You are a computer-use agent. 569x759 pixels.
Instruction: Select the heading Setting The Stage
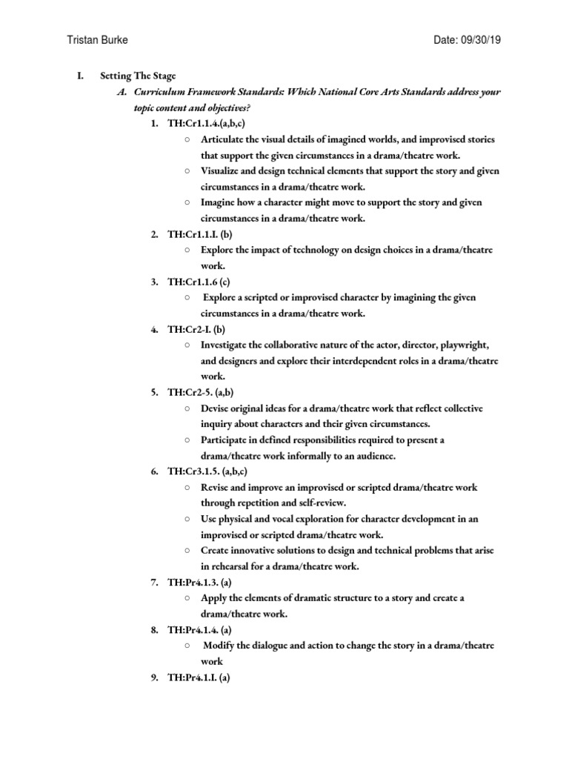click(137, 76)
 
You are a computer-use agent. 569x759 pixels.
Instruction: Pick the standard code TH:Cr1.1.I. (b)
click(196, 234)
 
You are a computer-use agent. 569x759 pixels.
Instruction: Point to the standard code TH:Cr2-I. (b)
click(196, 329)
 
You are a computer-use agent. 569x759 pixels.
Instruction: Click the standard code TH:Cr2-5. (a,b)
click(201, 392)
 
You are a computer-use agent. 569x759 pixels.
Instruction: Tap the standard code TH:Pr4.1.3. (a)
click(199, 582)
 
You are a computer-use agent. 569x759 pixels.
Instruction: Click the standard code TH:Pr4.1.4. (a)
click(199, 629)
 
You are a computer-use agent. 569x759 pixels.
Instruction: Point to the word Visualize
click(221, 171)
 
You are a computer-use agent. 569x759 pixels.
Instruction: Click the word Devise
click(216, 408)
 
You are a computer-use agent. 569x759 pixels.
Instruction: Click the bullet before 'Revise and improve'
click(188, 487)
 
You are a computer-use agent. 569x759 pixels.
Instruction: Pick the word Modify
click(221, 645)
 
